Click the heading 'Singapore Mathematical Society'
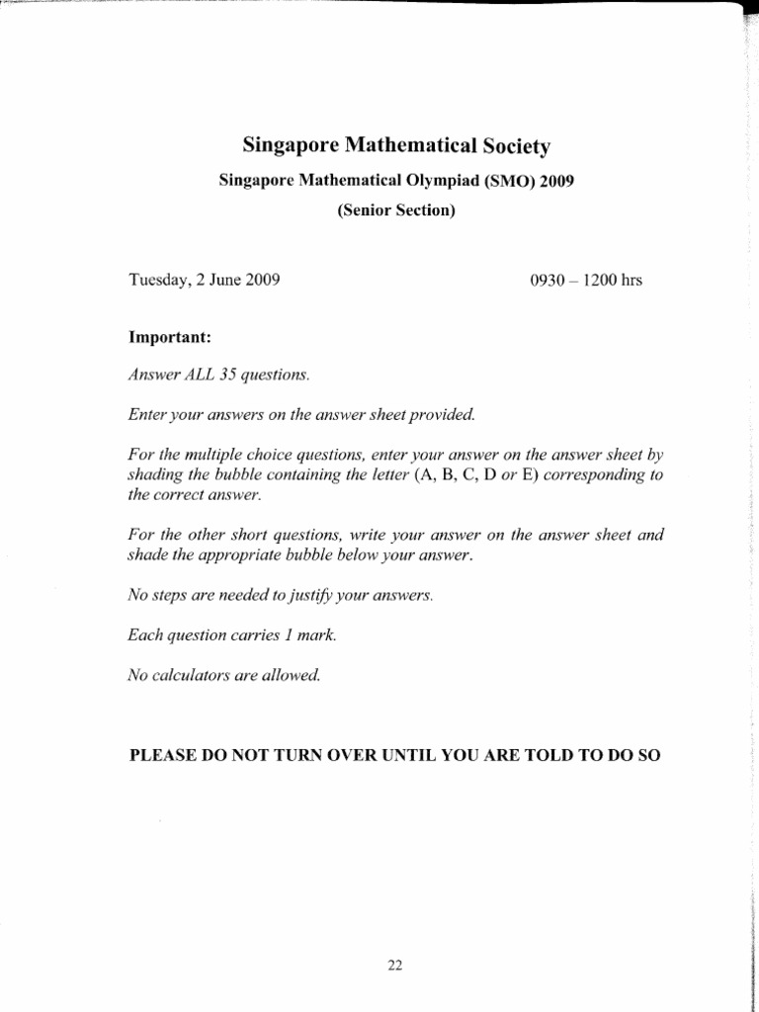click(395, 147)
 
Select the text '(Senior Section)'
click(395, 211)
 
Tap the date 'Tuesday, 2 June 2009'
click(205, 280)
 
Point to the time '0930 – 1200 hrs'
click(586, 280)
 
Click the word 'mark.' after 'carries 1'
click(316, 636)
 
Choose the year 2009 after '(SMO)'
click(556, 183)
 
